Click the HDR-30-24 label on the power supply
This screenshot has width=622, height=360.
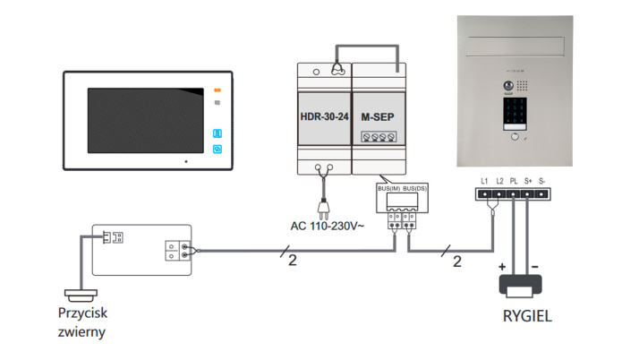pyautogui.click(x=324, y=117)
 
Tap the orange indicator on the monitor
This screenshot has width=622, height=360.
pyautogui.click(x=217, y=90)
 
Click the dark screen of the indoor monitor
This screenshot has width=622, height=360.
pyautogui.click(x=141, y=124)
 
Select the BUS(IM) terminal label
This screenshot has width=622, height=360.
pyautogui.click(x=388, y=189)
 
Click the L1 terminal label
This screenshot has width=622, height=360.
pyautogui.click(x=484, y=182)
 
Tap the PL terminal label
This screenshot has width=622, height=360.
pyautogui.click(x=514, y=182)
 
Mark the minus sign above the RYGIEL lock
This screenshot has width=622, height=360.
pyautogui.click(x=534, y=267)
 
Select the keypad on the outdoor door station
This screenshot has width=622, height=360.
pyautogui.click(x=514, y=115)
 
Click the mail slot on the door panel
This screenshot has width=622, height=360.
pyautogui.click(x=513, y=41)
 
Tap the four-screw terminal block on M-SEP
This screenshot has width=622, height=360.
pyautogui.click(x=379, y=138)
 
